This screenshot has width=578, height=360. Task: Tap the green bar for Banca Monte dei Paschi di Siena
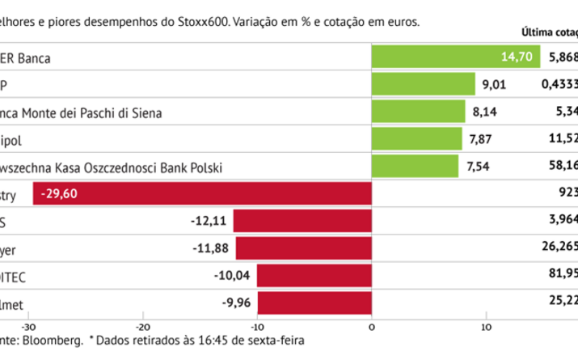point(418,112)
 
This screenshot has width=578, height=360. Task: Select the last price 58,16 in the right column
point(561,167)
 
